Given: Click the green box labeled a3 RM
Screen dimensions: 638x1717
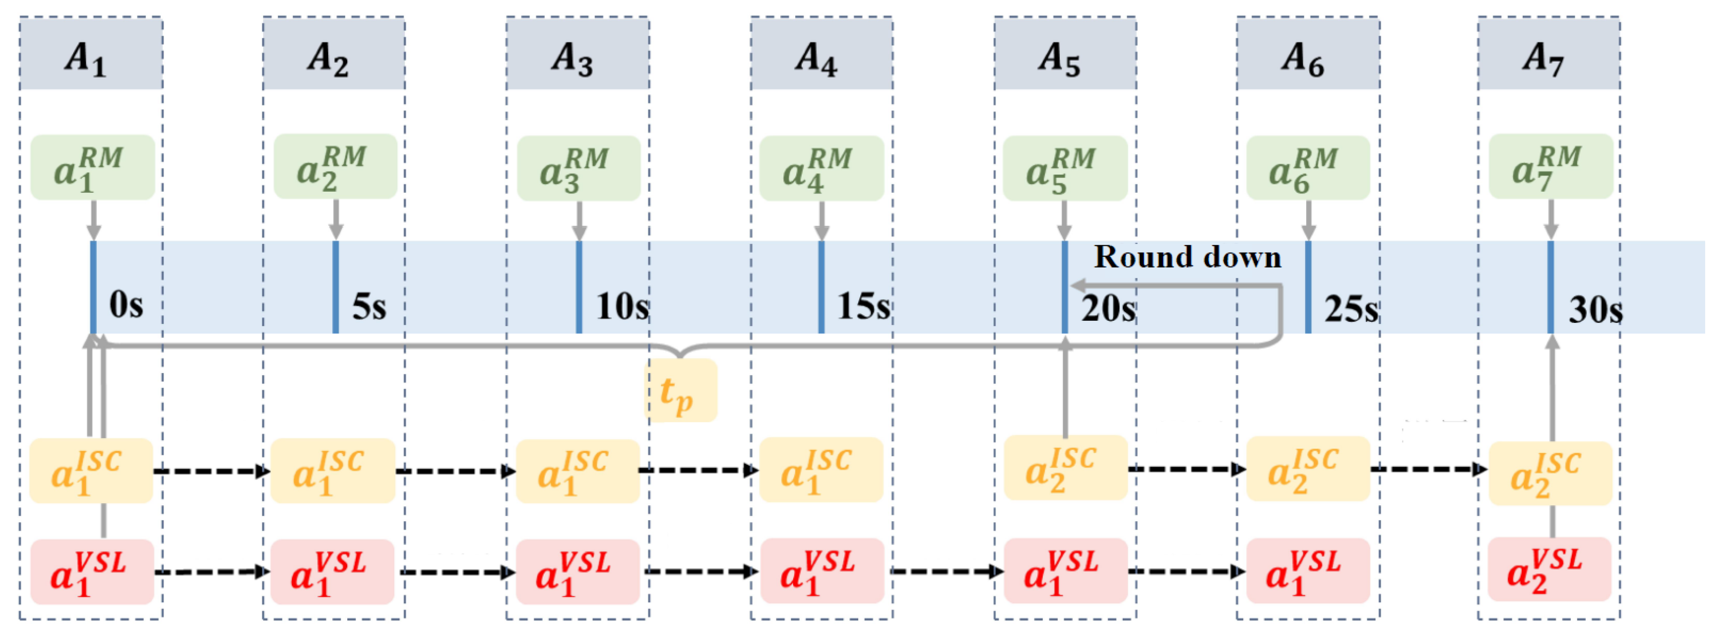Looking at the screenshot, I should [x=579, y=168].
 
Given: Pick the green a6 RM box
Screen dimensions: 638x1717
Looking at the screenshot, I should [x=1308, y=168].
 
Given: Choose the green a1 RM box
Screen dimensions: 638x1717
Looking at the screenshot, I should [x=92, y=167].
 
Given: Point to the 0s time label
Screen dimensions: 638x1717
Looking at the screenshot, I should [x=126, y=305].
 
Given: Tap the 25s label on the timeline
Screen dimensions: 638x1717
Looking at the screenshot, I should [x=1351, y=308].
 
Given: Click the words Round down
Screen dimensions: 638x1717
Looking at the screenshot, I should [x=1187, y=257].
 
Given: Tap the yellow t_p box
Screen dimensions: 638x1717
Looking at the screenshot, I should [x=680, y=391].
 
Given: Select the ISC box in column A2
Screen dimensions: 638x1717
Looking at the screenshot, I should [x=333, y=471].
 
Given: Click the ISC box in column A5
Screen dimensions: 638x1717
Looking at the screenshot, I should [x=1065, y=468].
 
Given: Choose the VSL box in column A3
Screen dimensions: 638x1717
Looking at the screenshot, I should [x=577, y=572].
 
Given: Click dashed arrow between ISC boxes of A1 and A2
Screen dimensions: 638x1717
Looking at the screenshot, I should [x=211, y=471].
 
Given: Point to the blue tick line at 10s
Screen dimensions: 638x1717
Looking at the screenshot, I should [x=579, y=287].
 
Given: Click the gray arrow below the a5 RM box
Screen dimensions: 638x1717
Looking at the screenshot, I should [x=1064, y=220].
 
